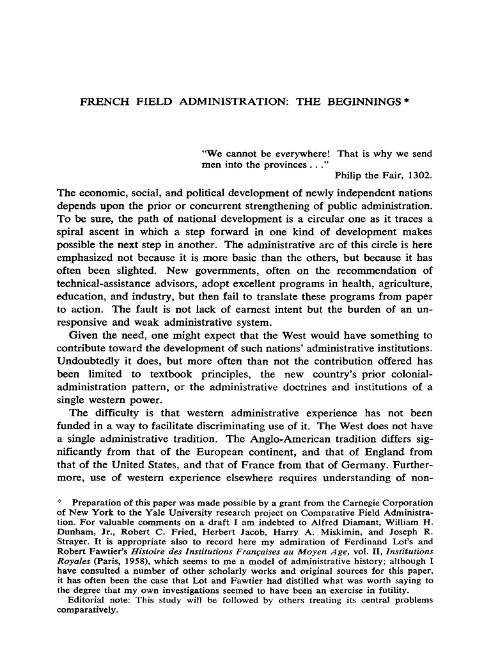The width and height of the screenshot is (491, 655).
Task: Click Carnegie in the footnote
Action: point(365,503)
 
